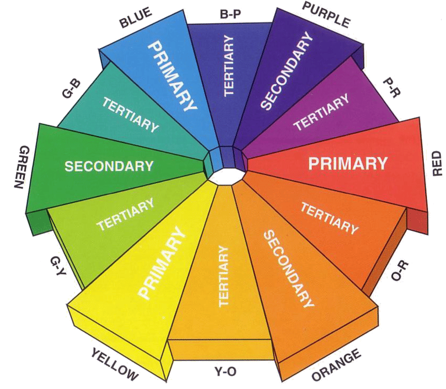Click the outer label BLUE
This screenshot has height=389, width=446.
coord(135,18)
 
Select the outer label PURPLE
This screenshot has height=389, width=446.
coord(326,15)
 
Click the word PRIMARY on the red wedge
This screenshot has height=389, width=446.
coord(348,163)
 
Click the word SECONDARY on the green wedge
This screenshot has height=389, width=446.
coord(109,166)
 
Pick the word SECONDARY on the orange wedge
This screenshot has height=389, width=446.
coord(289,269)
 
